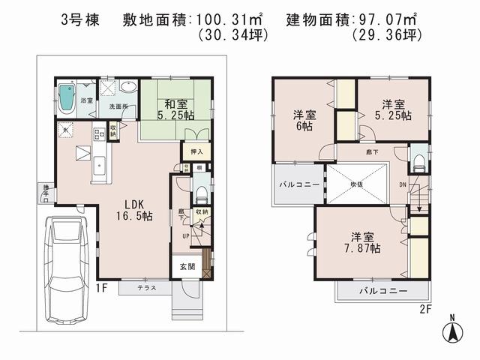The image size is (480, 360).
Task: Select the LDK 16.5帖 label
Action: (133, 209)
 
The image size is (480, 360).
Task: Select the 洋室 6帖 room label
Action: (304, 122)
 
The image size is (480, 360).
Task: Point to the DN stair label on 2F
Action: (403, 183)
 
